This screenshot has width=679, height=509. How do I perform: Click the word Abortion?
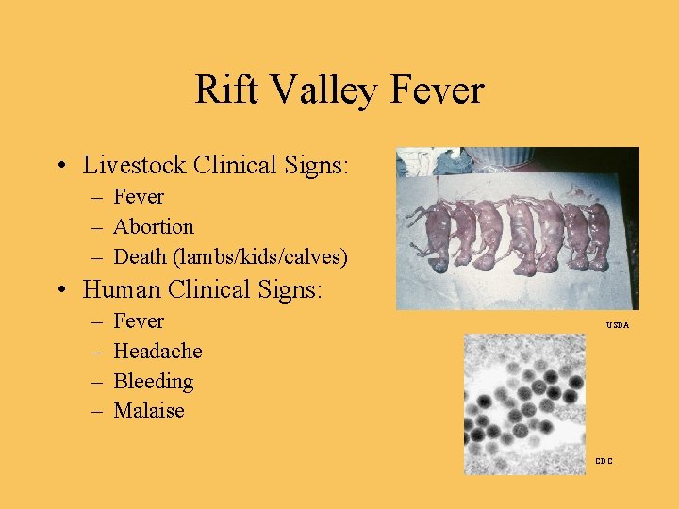(x=153, y=227)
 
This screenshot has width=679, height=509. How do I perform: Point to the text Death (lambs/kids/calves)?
(x=230, y=256)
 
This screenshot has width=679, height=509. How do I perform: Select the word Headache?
(x=157, y=352)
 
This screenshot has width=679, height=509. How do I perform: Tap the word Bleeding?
(x=153, y=382)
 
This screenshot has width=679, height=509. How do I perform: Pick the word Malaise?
(x=149, y=411)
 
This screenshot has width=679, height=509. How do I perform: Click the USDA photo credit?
(x=618, y=325)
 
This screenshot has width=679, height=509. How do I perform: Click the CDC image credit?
(x=604, y=461)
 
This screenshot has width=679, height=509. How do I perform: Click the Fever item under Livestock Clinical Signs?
(x=139, y=197)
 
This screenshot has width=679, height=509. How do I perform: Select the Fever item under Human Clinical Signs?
(x=139, y=321)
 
